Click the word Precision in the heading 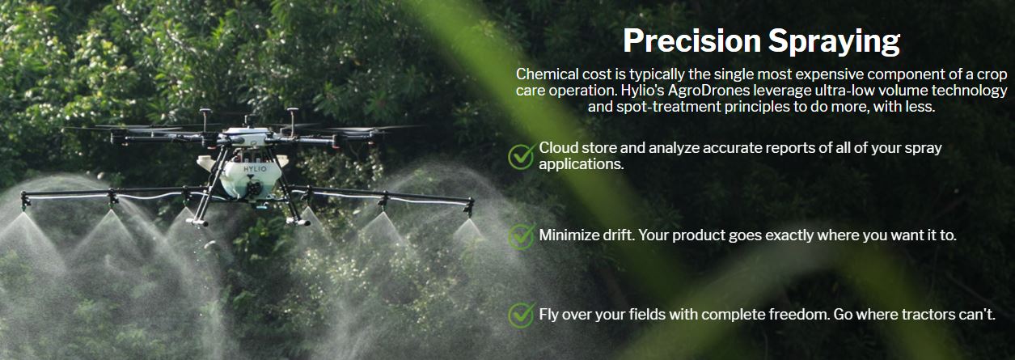[x=691, y=40]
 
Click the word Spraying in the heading [x=834, y=43]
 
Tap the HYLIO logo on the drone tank [x=255, y=169]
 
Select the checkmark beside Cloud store [x=521, y=156]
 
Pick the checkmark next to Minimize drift [x=521, y=236]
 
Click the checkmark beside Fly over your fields [x=521, y=316]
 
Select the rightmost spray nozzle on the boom [x=468, y=208]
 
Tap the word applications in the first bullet [x=580, y=164]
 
